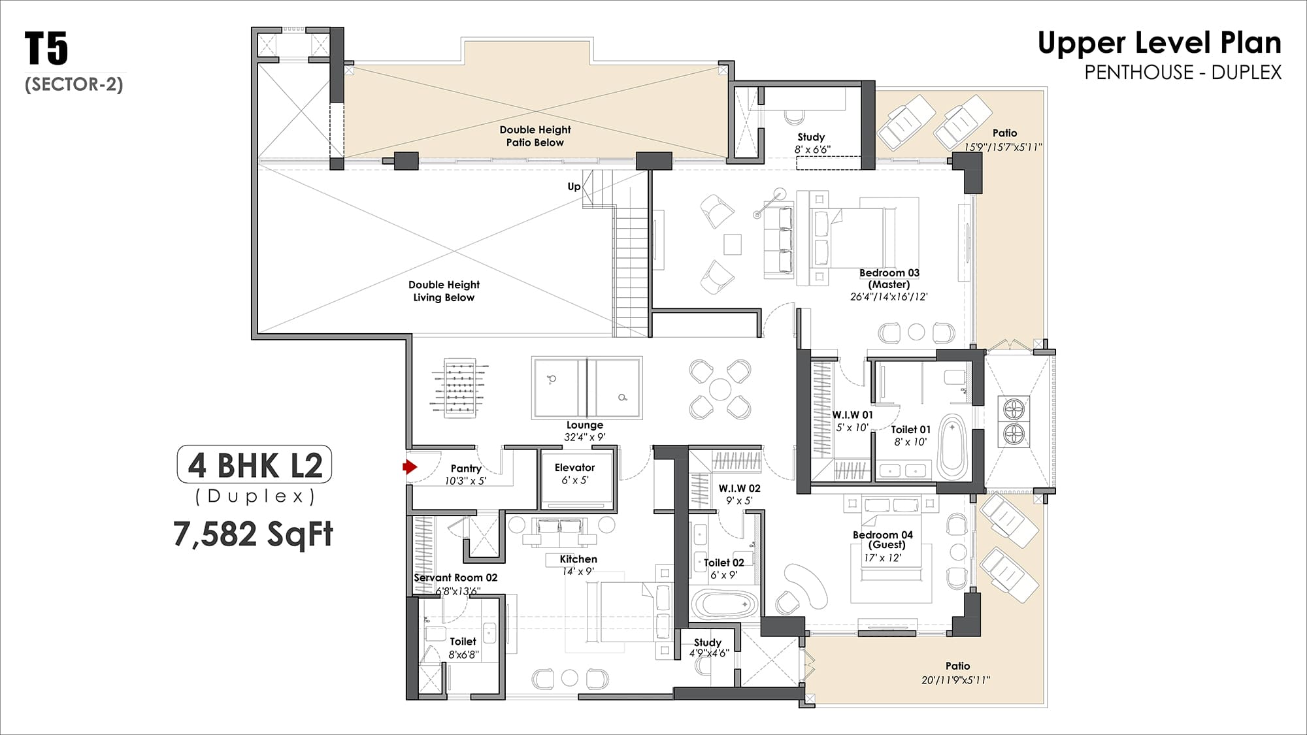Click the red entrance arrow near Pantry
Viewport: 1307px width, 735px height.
[410, 466]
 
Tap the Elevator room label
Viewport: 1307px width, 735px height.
[574, 468]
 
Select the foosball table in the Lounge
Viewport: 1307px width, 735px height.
[459, 387]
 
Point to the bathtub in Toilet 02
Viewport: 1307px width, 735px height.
[725, 605]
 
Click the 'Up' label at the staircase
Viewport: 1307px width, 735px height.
[574, 186]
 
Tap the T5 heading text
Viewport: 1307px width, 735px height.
[46, 48]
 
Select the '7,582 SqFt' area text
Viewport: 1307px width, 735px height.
[254, 534]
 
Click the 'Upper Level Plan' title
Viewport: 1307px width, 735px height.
[1159, 43]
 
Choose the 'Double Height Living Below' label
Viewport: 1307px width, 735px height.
[444, 291]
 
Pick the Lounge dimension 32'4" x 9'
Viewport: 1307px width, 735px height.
[585, 437]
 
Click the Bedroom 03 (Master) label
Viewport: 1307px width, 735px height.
[889, 278]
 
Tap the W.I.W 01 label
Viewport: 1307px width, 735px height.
[852, 415]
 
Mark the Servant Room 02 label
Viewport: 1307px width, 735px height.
[455, 578]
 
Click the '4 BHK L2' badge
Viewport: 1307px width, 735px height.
[255, 465]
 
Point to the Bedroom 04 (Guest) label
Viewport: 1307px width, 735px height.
[883, 540]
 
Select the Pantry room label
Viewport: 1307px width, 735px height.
[466, 468]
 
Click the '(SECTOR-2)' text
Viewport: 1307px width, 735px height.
[74, 84]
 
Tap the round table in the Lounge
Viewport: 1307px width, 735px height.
[720, 389]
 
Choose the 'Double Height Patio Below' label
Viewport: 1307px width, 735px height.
[535, 136]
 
